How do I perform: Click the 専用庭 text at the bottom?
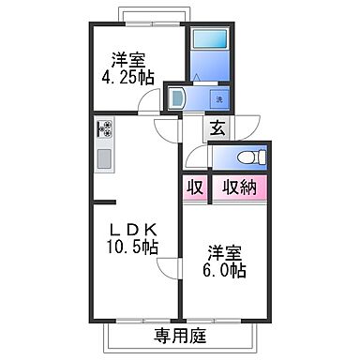(179, 334)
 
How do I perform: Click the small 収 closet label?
(195, 187)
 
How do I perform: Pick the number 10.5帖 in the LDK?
(131, 248)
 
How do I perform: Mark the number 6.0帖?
(226, 272)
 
